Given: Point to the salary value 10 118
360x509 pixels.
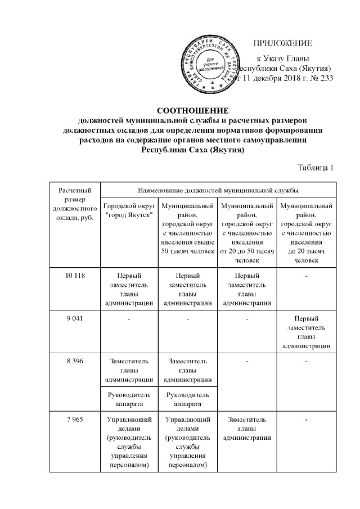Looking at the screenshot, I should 75,276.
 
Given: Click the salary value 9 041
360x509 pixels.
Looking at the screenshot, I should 75,319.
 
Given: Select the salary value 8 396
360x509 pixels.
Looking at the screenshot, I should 75,361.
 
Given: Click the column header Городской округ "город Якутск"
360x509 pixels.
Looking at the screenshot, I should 129,211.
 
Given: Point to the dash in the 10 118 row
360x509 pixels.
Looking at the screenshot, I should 307,276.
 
